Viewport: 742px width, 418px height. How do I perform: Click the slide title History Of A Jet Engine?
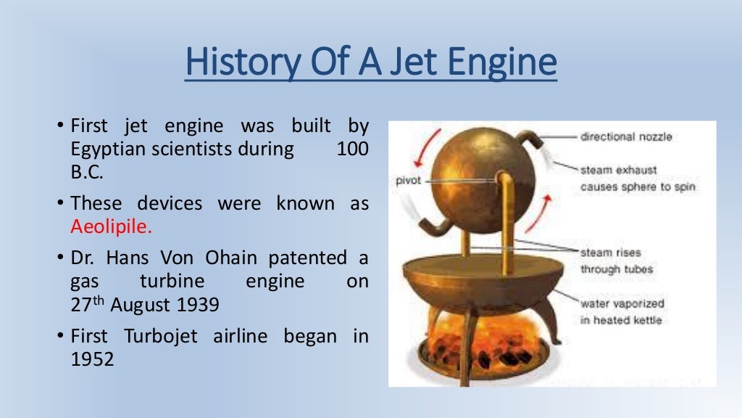[371, 63]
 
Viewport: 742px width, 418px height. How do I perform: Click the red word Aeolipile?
[112, 226]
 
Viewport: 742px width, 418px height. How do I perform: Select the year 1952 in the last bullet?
[92, 358]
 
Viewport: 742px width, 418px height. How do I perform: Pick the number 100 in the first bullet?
[352, 150]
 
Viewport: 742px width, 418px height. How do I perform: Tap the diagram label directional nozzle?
[626, 136]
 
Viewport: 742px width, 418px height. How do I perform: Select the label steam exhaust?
[618, 170]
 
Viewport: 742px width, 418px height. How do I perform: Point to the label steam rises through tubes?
[617, 261]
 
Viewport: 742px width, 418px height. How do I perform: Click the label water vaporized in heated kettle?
[622, 312]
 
